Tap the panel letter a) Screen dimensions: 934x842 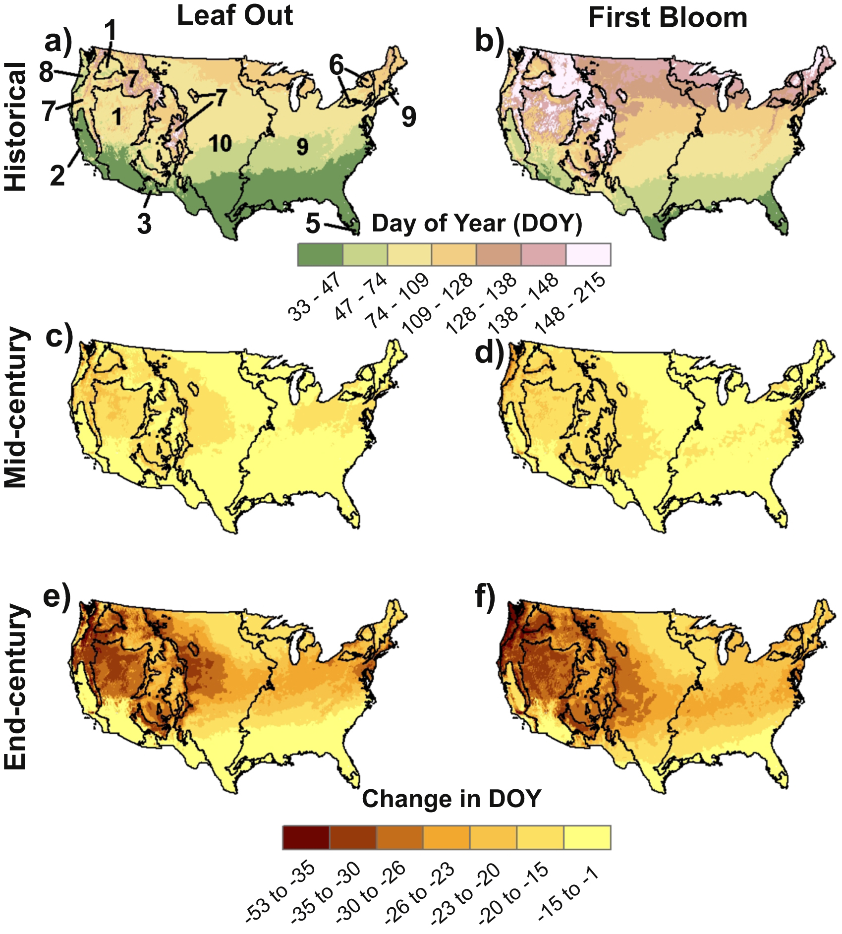pyautogui.click(x=58, y=41)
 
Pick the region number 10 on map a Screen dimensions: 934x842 pyautogui.click(x=220, y=144)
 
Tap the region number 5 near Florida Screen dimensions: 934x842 pyautogui.click(x=313, y=223)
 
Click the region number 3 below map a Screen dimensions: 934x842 pyautogui.click(x=144, y=224)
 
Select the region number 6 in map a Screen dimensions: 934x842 pyautogui.click(x=337, y=65)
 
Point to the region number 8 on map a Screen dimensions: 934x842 pyautogui.click(x=46, y=72)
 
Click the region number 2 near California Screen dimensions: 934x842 pyautogui.click(x=57, y=175)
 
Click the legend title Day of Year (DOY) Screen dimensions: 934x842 pyautogui.click(x=477, y=223)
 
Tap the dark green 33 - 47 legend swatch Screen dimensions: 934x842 pyautogui.click(x=320, y=255)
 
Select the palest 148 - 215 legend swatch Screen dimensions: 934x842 pyautogui.click(x=588, y=255)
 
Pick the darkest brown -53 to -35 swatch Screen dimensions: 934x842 pyautogui.click(x=306, y=837)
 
